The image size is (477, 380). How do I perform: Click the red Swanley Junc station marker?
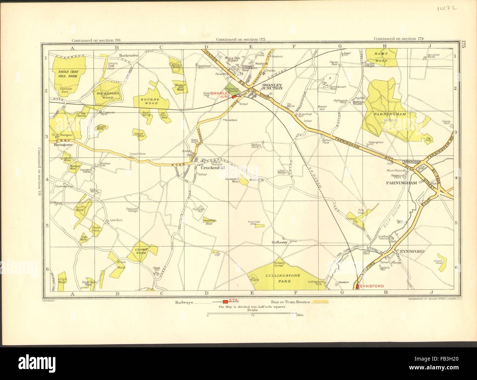tap(234, 96)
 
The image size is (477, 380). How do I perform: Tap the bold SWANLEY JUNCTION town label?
tap(272, 87)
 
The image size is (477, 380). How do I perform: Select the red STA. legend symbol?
tap(225, 302)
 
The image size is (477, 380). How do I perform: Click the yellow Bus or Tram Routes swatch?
tap(320, 302)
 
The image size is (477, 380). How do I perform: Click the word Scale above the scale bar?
tap(252, 310)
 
